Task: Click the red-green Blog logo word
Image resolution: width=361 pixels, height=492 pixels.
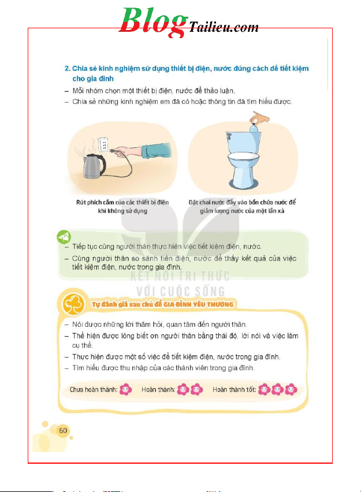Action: (153, 21)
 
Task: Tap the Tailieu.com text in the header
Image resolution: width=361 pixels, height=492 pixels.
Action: (224, 27)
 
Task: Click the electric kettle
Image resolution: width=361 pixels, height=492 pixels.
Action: (94, 166)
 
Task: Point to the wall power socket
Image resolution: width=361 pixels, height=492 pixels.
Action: (103, 145)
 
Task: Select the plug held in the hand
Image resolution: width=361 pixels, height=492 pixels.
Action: (114, 151)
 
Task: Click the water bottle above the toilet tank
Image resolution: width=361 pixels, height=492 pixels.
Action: (254, 128)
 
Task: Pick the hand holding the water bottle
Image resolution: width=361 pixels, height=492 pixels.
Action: (260, 118)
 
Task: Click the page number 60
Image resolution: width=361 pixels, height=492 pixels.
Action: (63, 431)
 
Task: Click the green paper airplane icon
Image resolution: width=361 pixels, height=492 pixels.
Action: (64, 237)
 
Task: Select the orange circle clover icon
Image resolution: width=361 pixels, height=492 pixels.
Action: (73, 304)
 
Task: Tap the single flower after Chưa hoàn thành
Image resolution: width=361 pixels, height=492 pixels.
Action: (125, 389)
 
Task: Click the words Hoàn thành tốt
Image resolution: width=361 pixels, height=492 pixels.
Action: (234, 389)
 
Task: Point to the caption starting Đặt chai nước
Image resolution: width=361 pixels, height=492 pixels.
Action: (242, 207)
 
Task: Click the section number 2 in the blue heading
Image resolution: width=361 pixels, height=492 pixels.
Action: (67, 69)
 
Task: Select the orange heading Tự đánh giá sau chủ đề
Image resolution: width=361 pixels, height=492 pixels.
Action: (163, 304)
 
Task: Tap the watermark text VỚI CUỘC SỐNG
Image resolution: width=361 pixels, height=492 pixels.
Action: (181, 292)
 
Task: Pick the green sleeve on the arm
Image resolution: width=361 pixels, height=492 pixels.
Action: (157, 150)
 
